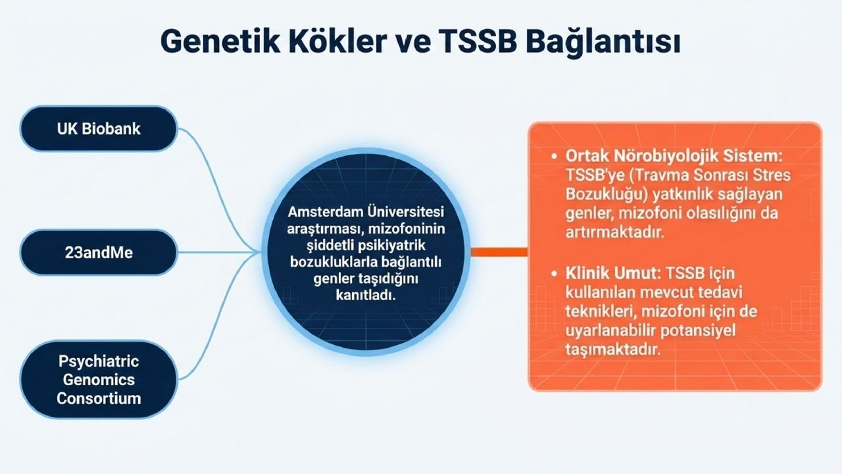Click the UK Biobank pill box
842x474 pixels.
(x=99, y=128)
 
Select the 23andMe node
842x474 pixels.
(x=99, y=252)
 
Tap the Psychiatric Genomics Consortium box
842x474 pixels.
(x=99, y=380)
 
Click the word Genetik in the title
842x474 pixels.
(x=220, y=41)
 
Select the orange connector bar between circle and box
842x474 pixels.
(x=499, y=252)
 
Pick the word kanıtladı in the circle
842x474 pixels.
(x=366, y=295)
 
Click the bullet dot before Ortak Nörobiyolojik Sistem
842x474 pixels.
(x=554, y=156)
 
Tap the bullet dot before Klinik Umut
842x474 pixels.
(x=554, y=273)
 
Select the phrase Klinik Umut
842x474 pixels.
(x=613, y=273)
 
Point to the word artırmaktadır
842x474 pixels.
(x=615, y=232)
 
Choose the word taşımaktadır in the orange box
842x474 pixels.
(x=612, y=350)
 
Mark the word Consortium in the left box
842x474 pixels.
(x=99, y=398)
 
